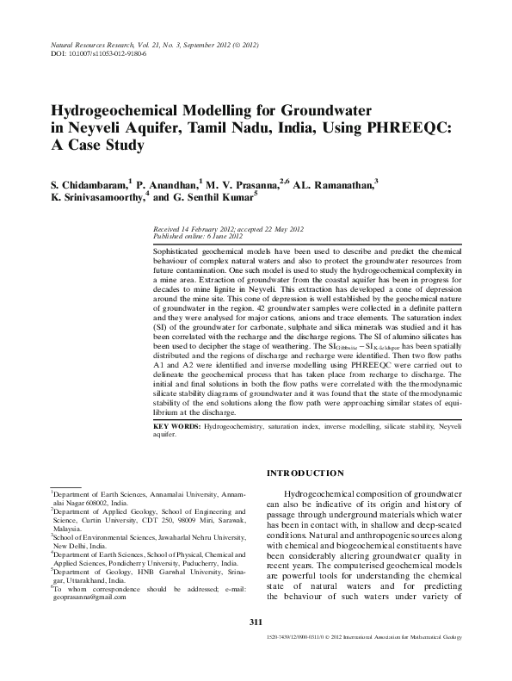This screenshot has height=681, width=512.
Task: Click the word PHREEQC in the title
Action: pos(404,127)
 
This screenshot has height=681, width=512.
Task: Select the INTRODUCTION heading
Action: pos(306,473)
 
